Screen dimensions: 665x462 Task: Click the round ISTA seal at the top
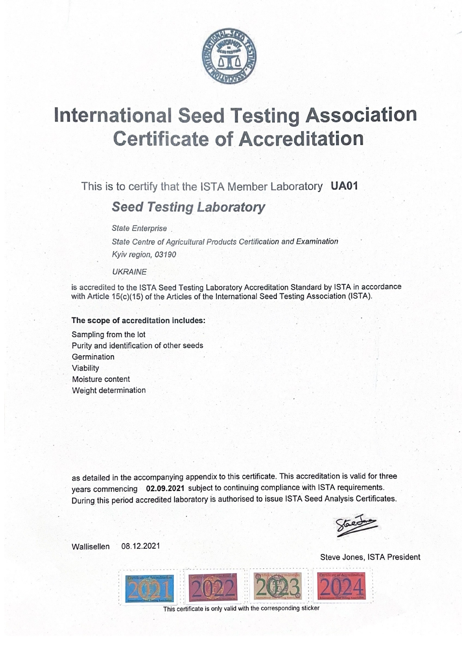point(229,57)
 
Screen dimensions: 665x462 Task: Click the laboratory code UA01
point(344,186)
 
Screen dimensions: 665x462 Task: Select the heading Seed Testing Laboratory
point(188,207)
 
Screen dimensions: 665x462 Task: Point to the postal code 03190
point(169,255)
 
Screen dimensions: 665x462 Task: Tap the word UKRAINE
point(129,272)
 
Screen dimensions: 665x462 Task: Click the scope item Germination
point(93,357)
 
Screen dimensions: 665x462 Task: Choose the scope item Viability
point(85,368)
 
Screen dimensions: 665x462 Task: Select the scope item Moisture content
point(101,379)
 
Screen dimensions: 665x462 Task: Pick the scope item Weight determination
point(109,390)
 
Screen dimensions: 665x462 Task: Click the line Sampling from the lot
point(108,334)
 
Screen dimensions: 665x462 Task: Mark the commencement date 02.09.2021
point(165,488)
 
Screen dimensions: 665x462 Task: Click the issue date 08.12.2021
point(141,546)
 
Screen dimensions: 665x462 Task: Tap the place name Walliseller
point(91,547)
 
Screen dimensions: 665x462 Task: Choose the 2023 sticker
point(278,587)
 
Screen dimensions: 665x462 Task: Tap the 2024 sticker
point(342,586)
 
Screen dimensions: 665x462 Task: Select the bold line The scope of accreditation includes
point(138,321)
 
